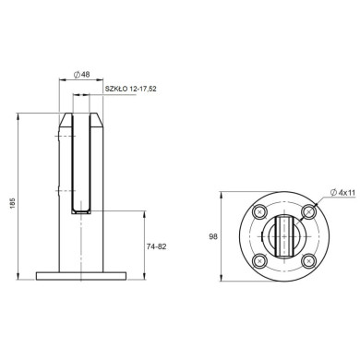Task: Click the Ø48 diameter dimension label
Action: coord(81,75)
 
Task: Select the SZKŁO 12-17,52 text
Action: coord(131,90)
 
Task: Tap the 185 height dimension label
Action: coord(13,203)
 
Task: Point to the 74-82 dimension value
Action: coord(156,246)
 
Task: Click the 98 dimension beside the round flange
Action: coord(213,236)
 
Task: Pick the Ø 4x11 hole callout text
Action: coord(342,193)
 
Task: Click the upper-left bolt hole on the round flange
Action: coord(260,211)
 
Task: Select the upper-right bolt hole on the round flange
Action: coord(308,211)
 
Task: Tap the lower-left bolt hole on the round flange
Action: coord(260,261)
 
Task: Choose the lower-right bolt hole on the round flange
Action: coord(308,261)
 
